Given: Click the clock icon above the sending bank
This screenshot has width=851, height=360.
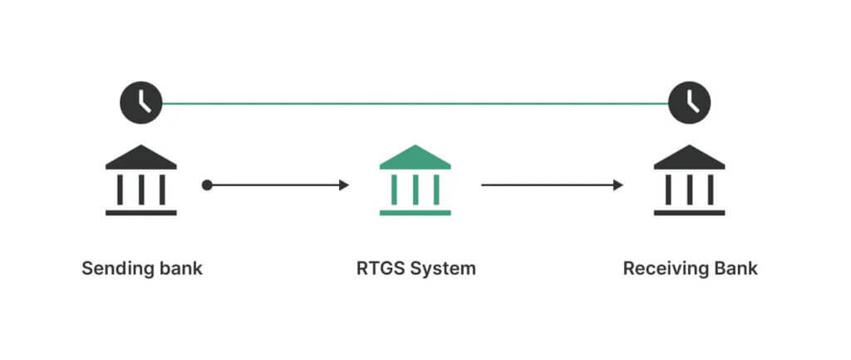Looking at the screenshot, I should point(140,103).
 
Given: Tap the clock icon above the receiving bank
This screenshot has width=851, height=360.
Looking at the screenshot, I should point(690,103).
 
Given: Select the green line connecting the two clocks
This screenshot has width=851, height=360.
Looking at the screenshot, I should point(416,104).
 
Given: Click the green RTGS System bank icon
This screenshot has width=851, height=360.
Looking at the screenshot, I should point(415,180).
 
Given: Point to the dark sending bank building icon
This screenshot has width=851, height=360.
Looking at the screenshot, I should point(140,180).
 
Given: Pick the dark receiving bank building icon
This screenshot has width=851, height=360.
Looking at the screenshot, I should point(689,180).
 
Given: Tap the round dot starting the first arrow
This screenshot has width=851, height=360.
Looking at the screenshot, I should point(207,185).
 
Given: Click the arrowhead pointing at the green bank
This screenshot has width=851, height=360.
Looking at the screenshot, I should point(344,185).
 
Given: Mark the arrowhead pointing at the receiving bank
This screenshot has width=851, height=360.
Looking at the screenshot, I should point(618,185).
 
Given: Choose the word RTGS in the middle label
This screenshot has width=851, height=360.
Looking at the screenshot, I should point(376,269).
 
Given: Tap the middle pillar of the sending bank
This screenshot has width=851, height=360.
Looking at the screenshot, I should point(140,190).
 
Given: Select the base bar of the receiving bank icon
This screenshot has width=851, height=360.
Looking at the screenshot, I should point(689,213).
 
